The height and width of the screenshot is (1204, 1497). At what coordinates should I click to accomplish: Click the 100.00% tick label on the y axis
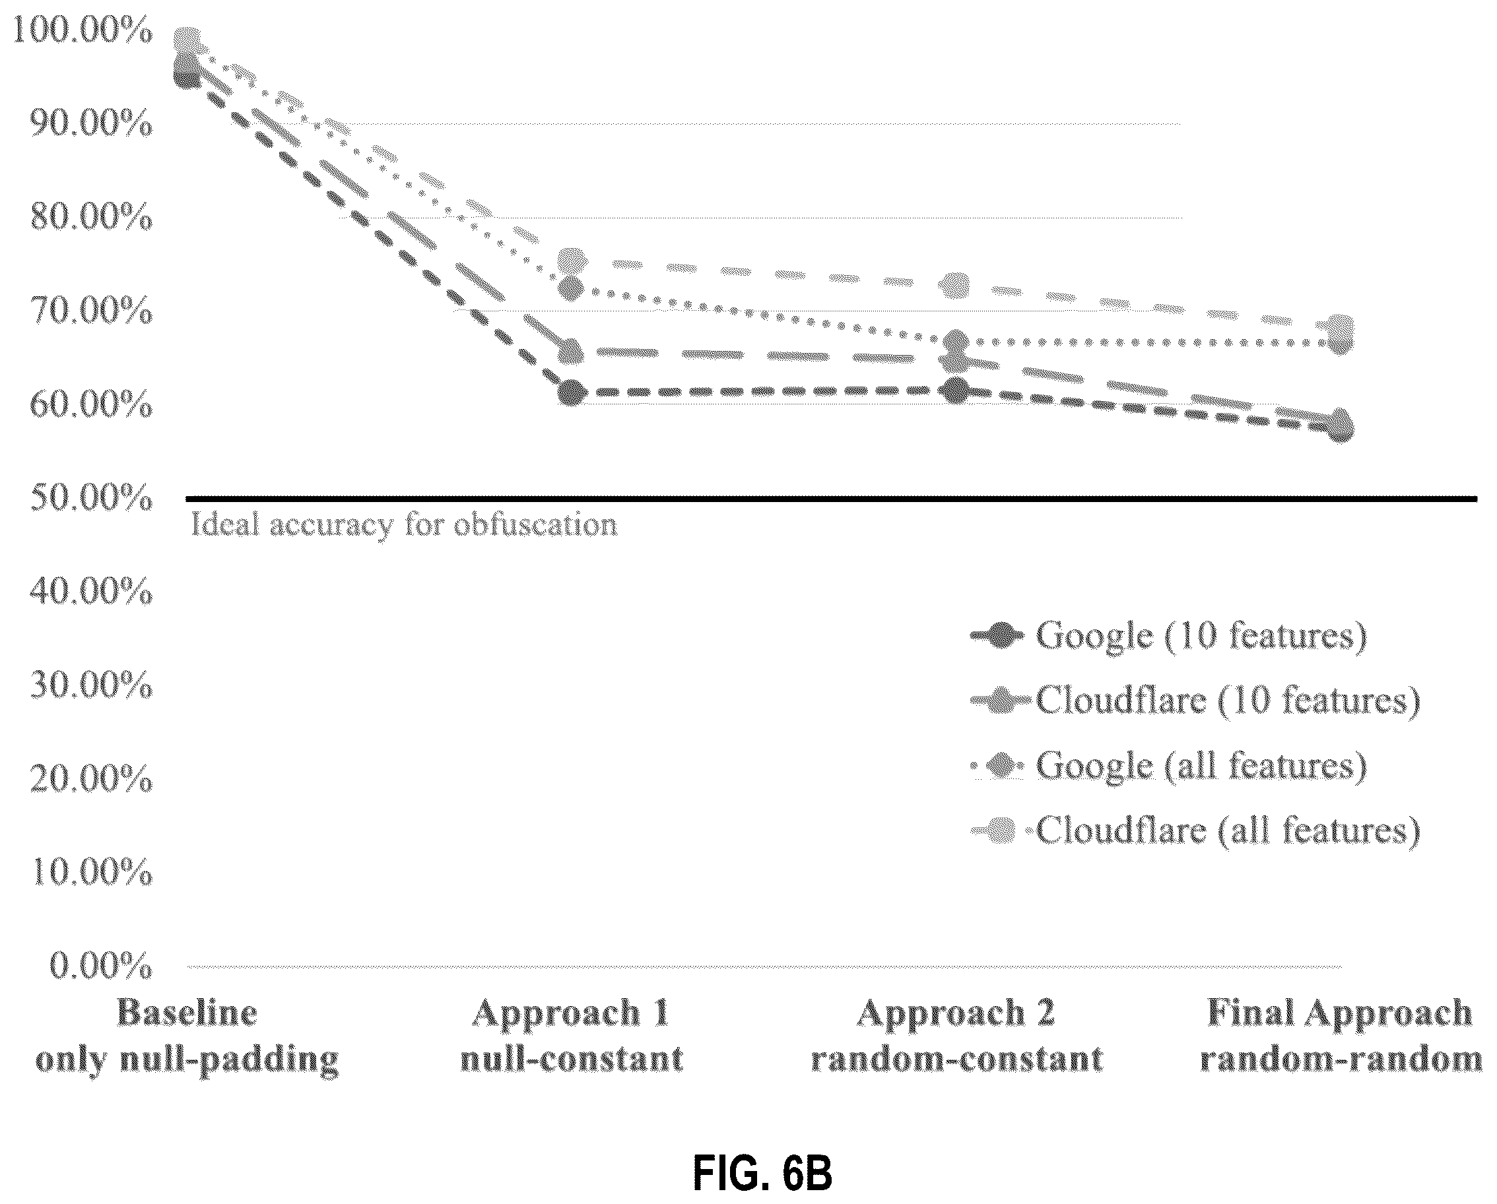82,31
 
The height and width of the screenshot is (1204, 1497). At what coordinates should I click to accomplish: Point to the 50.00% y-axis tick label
91,498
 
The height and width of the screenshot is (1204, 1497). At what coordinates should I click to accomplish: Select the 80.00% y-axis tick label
91,218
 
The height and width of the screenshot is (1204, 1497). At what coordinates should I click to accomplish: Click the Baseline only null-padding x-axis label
187,1036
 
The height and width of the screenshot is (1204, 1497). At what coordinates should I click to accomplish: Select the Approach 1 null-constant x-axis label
572,1036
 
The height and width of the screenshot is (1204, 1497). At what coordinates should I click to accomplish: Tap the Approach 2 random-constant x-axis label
957,1036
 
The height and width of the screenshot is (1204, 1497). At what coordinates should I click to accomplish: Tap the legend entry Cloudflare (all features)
1195,831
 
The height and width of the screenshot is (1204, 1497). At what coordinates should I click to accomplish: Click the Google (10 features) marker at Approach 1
572,393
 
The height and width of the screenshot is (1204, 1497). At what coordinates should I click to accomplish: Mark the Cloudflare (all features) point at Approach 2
957,284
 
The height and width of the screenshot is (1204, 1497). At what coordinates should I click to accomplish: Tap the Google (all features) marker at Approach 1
572,288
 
